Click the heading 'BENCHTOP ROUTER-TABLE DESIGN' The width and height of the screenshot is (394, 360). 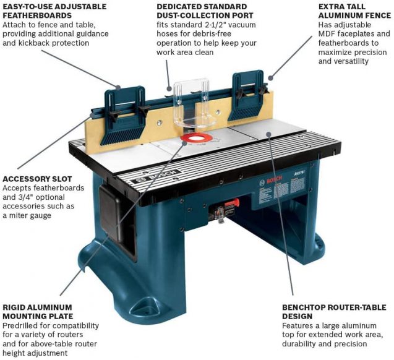(334, 312)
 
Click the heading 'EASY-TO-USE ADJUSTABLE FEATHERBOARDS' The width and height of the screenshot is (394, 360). (54, 11)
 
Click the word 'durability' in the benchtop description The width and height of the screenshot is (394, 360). (303, 345)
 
